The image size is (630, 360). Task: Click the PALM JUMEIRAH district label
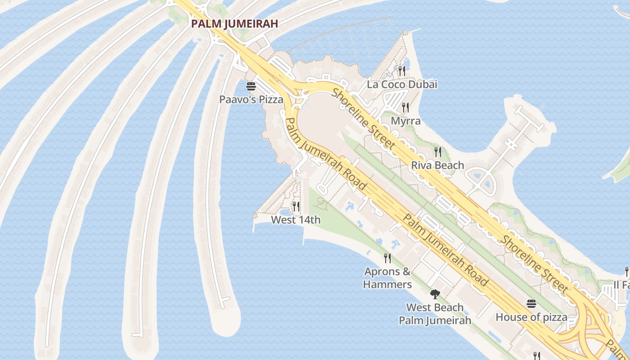(x=234, y=24)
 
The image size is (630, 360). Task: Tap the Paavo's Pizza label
(x=251, y=99)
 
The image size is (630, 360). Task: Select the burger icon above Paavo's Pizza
(x=251, y=86)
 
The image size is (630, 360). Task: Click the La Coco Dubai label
(x=402, y=85)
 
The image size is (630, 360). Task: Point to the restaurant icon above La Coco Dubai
(x=402, y=71)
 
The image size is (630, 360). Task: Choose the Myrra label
(x=405, y=121)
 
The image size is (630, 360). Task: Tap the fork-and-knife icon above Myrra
(x=405, y=107)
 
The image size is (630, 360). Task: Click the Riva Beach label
(x=437, y=166)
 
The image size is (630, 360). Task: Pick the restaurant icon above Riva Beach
(x=437, y=152)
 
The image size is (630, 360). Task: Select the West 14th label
(x=296, y=220)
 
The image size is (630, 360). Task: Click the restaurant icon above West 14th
(x=296, y=207)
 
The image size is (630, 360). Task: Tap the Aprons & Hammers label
(x=387, y=278)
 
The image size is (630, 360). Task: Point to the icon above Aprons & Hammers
(x=387, y=258)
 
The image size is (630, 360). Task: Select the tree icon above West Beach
(x=435, y=294)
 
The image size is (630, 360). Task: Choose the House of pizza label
(x=531, y=317)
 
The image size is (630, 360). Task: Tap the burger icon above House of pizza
(x=531, y=304)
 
